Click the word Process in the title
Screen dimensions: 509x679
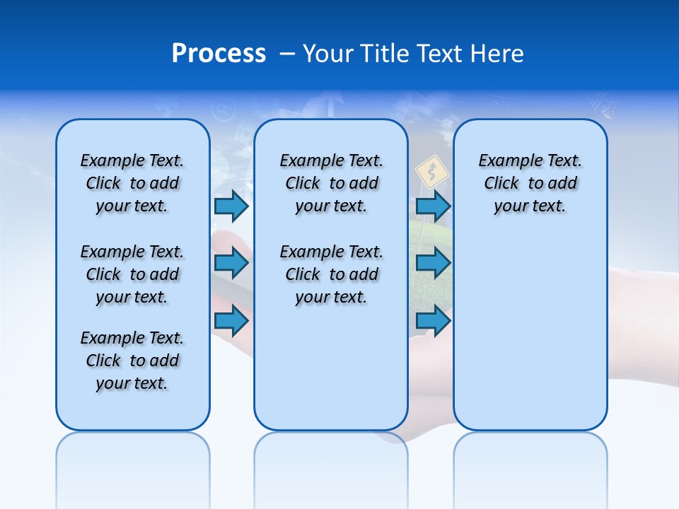(219, 54)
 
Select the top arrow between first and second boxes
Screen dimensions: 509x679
(231, 206)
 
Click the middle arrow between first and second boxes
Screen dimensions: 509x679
(231, 264)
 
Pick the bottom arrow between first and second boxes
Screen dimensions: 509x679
(231, 321)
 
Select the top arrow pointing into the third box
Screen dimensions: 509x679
(433, 206)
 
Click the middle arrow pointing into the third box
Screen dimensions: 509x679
(433, 264)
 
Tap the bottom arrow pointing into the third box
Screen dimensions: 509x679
(433, 321)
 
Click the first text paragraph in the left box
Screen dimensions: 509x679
(132, 183)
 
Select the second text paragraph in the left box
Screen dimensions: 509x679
(132, 274)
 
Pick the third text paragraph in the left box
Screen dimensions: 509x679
(132, 361)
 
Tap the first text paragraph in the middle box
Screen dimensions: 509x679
(331, 183)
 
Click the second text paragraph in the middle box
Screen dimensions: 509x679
(331, 274)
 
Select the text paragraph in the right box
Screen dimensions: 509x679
(530, 183)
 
